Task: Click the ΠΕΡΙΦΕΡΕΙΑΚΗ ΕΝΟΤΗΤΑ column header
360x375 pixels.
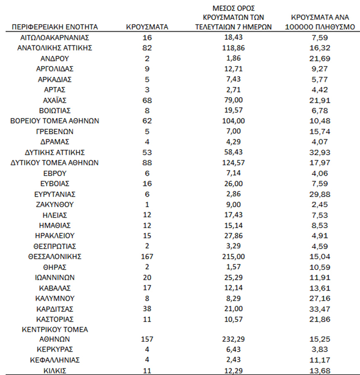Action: [x=55, y=27]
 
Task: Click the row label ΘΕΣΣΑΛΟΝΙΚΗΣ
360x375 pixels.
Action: [x=55, y=256]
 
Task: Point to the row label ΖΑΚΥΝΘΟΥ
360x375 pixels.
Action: [x=55, y=204]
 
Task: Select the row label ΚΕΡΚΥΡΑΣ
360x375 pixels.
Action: [x=55, y=349]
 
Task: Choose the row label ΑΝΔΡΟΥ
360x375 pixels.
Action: [x=55, y=59]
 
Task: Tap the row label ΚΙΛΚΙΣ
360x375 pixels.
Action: [x=55, y=370]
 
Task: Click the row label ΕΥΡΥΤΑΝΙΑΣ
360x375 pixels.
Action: [x=55, y=194]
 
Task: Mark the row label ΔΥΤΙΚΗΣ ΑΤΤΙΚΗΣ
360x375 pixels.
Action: [x=55, y=152]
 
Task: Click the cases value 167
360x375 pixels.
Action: [x=147, y=256]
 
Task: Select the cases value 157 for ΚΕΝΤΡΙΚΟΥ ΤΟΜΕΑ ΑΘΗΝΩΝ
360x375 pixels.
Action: [x=147, y=338]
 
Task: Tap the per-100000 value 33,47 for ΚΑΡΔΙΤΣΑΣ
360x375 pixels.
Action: [x=323, y=309]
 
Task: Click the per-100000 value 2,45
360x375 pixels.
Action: [x=323, y=204]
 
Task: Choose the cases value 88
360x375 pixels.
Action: [x=147, y=162]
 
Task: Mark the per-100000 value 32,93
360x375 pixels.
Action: [x=323, y=152]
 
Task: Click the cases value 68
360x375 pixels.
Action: [x=147, y=100]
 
